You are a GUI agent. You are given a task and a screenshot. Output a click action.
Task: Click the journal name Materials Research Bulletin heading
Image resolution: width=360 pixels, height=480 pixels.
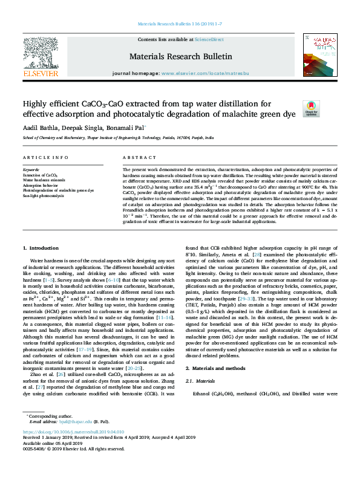(180, 57)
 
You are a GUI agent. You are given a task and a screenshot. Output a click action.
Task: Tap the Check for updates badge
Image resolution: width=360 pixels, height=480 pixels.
(310, 108)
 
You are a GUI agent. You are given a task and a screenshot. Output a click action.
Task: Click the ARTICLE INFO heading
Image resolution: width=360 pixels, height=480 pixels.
(45, 157)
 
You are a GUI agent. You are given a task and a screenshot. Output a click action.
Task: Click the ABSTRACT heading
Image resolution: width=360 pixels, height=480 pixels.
(136, 157)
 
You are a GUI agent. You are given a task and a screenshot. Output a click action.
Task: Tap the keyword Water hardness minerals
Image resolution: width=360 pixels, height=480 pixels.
(44, 180)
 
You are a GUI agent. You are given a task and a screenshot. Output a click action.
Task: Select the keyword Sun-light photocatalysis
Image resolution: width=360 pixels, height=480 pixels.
(43, 196)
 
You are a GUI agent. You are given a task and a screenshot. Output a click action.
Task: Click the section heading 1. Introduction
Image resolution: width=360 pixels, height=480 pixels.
(41, 248)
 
